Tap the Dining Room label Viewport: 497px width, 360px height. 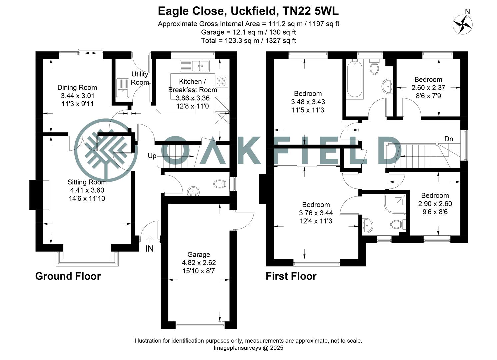tap(77, 88)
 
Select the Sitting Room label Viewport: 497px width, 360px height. tap(87, 182)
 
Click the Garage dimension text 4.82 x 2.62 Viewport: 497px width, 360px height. tap(199, 263)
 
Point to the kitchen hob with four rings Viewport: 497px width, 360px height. tap(222, 80)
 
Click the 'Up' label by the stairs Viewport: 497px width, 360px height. tap(152, 156)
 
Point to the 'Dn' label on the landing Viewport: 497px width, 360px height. tap(449, 139)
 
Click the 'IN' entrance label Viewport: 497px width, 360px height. tap(149, 249)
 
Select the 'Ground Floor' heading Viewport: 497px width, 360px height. tap(68, 276)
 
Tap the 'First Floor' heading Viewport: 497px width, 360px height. tap(291, 276)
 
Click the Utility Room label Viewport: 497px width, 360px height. tap(140, 78)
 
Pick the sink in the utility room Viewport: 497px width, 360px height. tap(123, 88)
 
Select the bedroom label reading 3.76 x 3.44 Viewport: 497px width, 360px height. tap(316, 213)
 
